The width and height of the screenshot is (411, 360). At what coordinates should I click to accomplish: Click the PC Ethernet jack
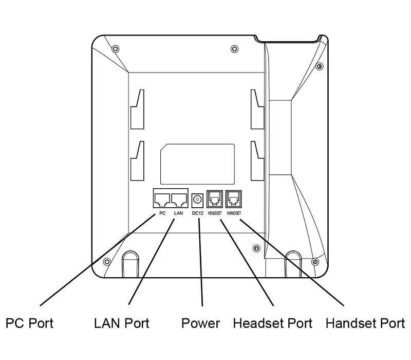(162, 200)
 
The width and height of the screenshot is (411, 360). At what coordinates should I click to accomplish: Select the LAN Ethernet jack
(179, 200)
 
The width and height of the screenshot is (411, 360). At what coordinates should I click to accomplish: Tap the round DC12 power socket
(197, 200)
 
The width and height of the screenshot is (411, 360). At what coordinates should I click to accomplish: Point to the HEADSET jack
(215, 199)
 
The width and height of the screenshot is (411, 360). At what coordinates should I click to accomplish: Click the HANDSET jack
(234, 199)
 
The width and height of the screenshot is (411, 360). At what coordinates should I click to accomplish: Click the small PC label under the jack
(162, 213)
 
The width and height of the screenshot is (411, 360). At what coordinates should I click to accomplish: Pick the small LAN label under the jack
(178, 213)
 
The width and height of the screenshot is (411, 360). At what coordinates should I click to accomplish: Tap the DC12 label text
(198, 213)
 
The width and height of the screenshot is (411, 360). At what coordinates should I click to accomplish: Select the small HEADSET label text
(215, 213)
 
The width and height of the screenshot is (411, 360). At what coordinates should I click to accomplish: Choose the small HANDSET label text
(234, 213)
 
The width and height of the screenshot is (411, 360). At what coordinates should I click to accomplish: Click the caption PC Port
(29, 323)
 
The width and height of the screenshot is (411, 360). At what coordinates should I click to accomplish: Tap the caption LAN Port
(122, 323)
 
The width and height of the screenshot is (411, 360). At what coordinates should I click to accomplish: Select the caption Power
(201, 323)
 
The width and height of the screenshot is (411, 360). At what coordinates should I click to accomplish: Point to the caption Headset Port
(273, 323)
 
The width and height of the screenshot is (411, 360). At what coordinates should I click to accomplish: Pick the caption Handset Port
(365, 323)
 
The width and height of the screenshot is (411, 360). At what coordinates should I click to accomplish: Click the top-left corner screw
(115, 49)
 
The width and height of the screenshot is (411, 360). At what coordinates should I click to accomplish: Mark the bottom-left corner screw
(107, 262)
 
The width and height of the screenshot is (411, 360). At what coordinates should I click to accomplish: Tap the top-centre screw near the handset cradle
(234, 49)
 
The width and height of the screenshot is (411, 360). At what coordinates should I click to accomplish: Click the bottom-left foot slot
(130, 264)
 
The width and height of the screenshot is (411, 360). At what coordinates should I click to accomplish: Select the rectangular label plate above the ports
(197, 164)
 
